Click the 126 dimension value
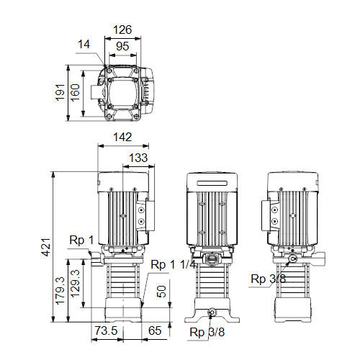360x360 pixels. pos(122,30)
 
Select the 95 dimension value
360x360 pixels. pos(122,46)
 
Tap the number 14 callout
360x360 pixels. pos(84,44)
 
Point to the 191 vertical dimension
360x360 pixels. pos(60,92)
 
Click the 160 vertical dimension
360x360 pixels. pos(75,93)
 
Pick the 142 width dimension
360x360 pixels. pos(122,137)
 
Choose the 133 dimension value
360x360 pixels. pos(138,158)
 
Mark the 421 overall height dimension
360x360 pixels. pos(46,247)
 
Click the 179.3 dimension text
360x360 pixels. pos(60,291)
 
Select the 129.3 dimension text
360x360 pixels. pos(75,284)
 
